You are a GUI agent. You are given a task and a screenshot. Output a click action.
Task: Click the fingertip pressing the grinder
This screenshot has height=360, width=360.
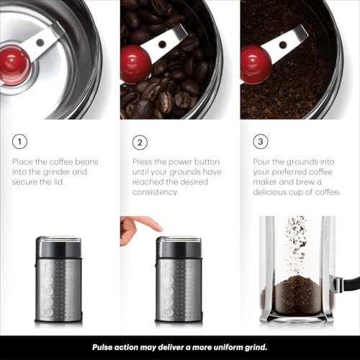[x=153, y=225]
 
